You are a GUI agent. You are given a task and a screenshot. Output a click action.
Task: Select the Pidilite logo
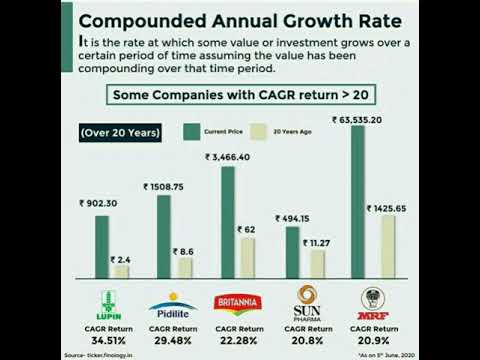pyautogui.click(x=170, y=305)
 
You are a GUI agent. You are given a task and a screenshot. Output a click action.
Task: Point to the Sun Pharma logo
pyautogui.click(x=300, y=304)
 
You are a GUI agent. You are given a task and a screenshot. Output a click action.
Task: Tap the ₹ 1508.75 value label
pyautogui.click(x=164, y=185)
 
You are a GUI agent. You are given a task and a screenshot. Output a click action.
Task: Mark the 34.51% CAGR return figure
pyautogui.click(x=110, y=340)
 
